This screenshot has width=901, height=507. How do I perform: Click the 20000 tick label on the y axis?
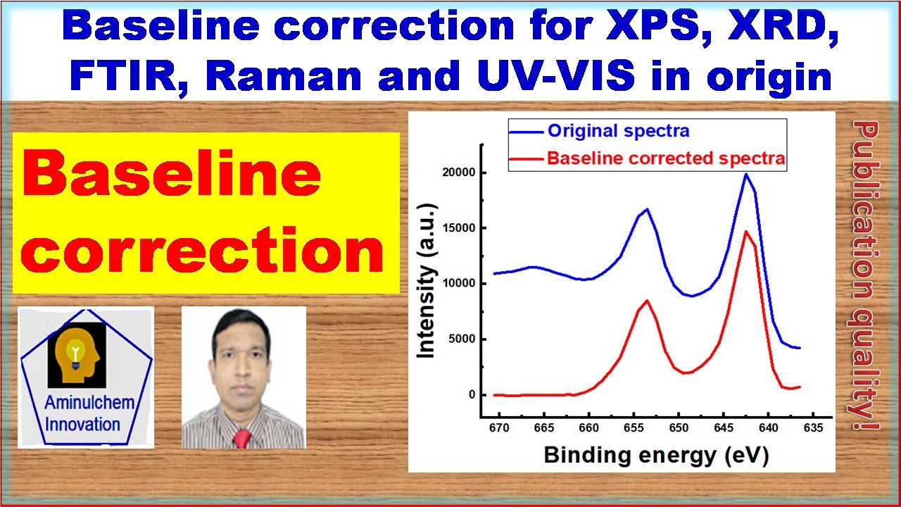458,173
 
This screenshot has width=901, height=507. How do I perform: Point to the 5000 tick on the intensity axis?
462,339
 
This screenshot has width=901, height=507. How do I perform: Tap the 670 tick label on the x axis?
499,427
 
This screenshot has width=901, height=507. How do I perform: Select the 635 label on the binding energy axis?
813,427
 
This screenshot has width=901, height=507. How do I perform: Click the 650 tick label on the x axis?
679,427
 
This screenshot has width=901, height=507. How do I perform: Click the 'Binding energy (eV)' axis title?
657,455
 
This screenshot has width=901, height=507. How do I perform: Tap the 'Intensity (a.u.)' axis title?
427,280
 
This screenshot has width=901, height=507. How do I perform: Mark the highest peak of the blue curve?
746,174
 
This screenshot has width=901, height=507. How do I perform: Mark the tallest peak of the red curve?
746,232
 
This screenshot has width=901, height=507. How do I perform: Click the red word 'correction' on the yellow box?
202,251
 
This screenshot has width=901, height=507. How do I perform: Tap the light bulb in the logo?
75,353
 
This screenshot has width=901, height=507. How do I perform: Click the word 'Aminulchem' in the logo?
89,402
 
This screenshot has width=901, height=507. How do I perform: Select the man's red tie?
242,439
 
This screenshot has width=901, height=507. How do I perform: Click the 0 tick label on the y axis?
472,395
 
